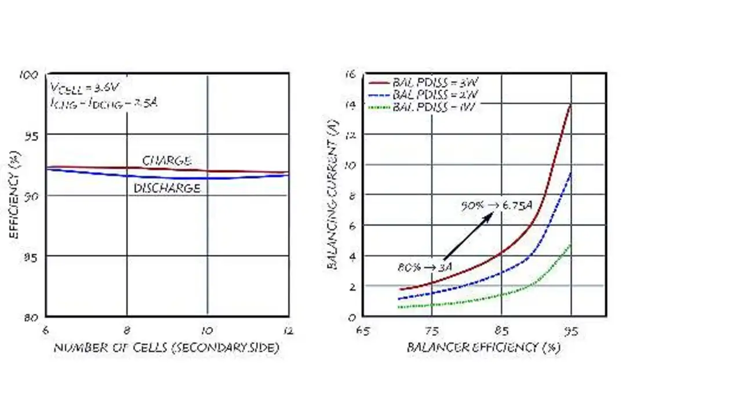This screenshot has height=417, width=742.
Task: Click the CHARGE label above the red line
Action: click(167, 161)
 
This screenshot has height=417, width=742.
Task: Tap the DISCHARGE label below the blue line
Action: click(167, 188)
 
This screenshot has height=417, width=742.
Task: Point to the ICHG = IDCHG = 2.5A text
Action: click(104, 103)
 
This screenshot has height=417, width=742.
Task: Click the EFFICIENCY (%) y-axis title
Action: click(14, 194)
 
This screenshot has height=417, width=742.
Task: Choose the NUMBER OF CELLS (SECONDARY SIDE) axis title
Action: click(166, 347)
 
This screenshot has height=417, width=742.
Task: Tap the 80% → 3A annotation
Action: click(424, 267)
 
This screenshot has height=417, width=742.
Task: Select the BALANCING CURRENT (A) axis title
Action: click(333, 198)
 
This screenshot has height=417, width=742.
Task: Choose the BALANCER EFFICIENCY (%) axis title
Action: click(483, 347)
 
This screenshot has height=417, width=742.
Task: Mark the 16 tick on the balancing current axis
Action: click(350, 74)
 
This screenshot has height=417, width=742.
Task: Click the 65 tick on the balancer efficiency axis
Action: click(362, 331)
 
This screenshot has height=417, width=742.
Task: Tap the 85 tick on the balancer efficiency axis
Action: click(501, 331)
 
